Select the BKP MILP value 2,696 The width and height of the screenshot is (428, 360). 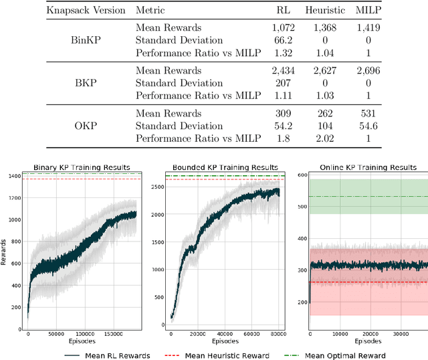tap(369, 70)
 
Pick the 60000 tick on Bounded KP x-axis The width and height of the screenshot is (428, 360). tap(251, 335)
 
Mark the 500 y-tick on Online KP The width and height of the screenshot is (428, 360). tap(302, 206)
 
